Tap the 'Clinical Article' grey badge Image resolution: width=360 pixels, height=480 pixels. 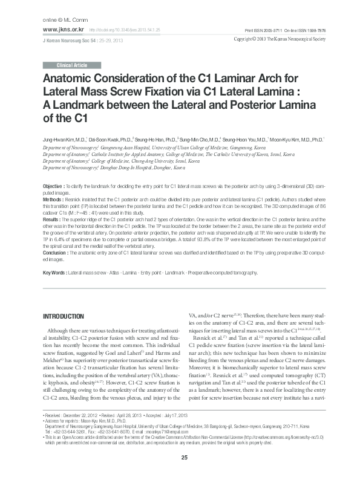68,65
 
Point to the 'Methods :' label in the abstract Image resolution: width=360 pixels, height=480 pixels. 53,198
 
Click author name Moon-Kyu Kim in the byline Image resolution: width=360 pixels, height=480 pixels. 290,138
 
